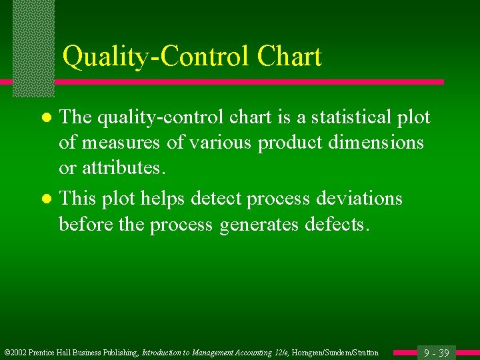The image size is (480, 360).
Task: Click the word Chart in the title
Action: click(287, 57)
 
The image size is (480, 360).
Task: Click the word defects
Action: click(336, 224)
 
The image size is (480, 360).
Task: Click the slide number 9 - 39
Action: click(437, 353)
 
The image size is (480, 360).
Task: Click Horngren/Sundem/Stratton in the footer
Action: click(335, 353)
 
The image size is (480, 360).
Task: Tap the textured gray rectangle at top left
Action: click(33, 47)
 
